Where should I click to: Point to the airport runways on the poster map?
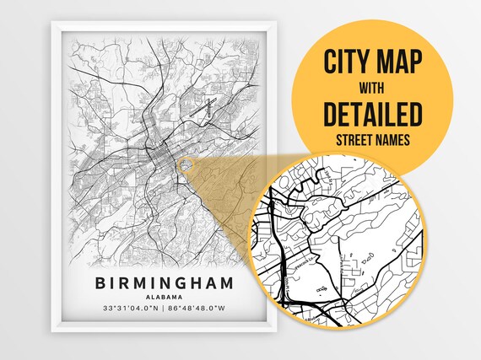point(205,107)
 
